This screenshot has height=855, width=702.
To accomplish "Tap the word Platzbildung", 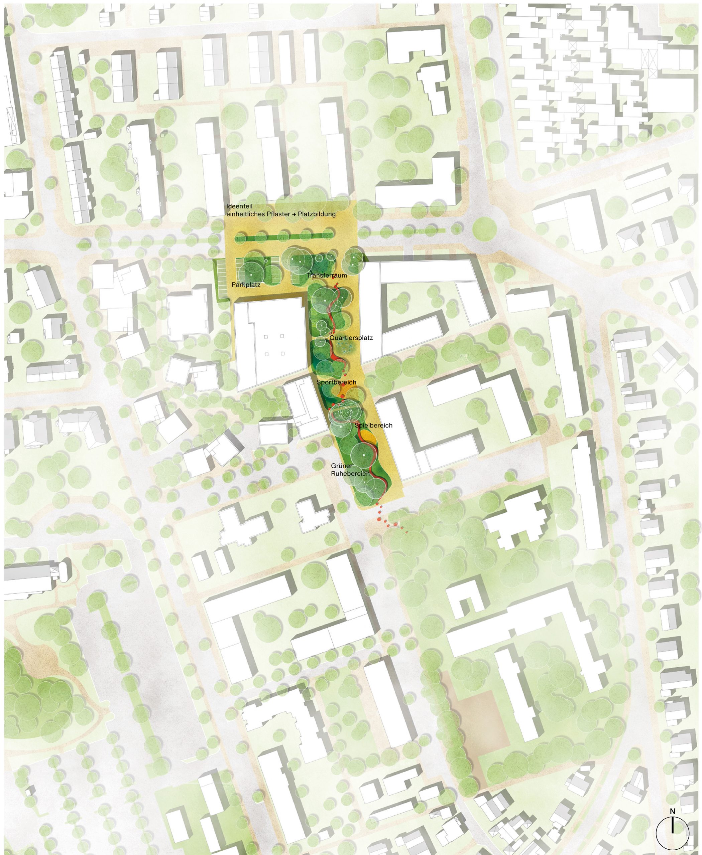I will (317, 214).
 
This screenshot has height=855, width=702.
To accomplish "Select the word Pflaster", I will (276, 214).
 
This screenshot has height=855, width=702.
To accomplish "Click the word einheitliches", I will (245, 214).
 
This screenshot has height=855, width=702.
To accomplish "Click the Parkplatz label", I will (246, 285).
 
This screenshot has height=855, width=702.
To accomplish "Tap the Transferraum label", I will (327, 275).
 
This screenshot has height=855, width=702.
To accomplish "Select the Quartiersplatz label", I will (351, 337).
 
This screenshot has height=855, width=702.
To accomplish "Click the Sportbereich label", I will (336, 382).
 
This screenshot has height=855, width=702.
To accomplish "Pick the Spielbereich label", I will (374, 425).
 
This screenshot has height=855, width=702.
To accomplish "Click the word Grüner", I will (342, 466).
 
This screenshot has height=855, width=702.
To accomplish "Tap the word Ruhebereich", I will (350, 473).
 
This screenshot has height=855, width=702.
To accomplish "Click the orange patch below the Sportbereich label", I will (349, 392).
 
